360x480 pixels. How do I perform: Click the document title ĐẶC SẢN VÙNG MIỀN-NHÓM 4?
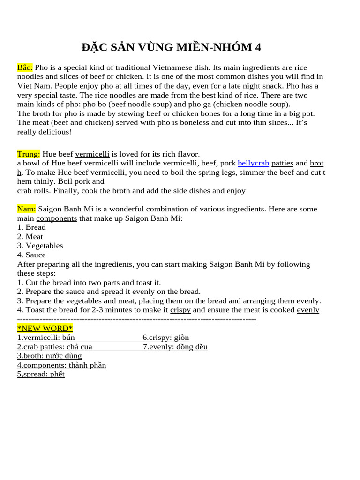(171, 47)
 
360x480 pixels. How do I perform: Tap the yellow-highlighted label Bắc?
(25, 67)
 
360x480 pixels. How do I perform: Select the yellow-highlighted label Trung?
(29, 154)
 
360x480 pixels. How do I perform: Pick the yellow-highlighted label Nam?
(26, 209)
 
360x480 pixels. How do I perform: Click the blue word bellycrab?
(253, 163)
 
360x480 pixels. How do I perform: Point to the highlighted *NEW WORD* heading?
(45, 328)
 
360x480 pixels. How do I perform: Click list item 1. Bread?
(31, 227)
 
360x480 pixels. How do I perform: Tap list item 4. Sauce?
(31, 255)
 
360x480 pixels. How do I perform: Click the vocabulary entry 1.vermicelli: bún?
(46, 337)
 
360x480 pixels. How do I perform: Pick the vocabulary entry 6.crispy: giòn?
(166, 337)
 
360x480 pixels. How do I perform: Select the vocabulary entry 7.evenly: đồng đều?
(175, 347)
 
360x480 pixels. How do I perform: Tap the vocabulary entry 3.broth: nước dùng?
(49, 356)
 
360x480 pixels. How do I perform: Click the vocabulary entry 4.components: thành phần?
(61, 365)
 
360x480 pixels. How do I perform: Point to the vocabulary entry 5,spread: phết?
(41, 374)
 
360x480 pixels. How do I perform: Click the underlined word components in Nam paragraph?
(56, 218)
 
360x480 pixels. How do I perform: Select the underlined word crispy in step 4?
(180, 310)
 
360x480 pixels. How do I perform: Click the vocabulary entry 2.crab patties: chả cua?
(54, 347)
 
